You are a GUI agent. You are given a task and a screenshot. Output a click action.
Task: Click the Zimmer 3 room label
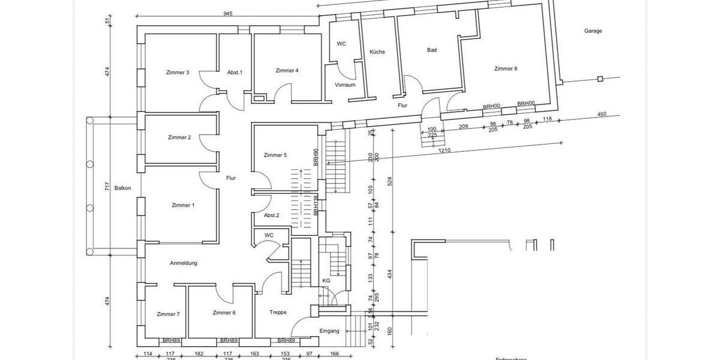[x=178, y=73]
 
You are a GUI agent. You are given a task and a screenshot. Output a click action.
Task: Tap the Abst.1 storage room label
[x=235, y=73]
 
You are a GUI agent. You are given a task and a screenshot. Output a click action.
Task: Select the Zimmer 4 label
[x=287, y=71]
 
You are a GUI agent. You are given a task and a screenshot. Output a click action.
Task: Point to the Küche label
[x=377, y=52]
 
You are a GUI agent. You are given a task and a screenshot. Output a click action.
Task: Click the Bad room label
[x=431, y=50]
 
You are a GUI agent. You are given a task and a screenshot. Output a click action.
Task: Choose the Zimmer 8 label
[x=505, y=69]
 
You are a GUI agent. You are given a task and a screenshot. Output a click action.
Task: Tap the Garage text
[x=593, y=31]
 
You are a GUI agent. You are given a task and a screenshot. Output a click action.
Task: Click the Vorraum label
[x=345, y=85]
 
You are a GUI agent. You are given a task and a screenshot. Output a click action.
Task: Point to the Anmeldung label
[x=184, y=263]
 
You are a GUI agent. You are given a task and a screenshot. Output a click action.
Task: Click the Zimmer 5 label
[x=275, y=155]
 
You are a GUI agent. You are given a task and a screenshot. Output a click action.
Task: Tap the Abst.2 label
[x=271, y=215]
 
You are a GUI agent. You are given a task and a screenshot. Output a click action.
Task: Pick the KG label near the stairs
[x=326, y=281]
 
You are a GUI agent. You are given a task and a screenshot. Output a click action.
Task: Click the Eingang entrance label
[x=329, y=331]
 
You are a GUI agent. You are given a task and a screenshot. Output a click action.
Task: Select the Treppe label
[x=278, y=313]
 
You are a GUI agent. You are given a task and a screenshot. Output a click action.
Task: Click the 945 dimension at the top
[x=227, y=14]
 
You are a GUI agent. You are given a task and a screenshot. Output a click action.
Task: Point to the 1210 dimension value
[x=444, y=151]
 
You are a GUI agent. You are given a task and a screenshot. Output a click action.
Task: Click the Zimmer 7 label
[x=168, y=314]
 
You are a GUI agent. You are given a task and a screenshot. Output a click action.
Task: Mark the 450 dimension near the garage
[x=602, y=115]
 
